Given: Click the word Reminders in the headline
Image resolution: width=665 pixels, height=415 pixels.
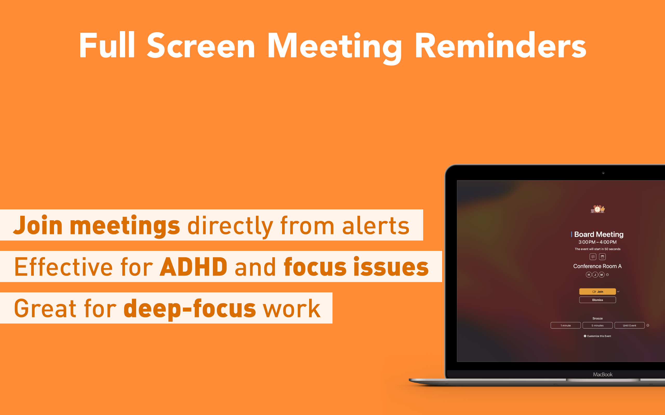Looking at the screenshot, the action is tap(500, 45).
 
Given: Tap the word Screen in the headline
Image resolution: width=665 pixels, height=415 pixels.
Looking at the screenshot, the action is tap(201, 45).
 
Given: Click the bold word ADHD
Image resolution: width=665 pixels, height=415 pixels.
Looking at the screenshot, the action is tap(194, 267).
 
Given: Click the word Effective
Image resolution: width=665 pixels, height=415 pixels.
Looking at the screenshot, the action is tap(63, 267).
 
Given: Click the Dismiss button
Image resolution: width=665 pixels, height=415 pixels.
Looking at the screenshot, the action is tap(597, 300).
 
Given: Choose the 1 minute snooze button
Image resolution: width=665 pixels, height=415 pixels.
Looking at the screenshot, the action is tap(566, 325).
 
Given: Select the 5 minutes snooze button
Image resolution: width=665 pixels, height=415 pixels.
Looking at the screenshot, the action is tap(597, 325).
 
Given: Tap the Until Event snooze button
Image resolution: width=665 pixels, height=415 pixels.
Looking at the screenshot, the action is tap(629, 325).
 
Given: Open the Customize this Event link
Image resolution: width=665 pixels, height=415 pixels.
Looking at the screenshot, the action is tap(597, 336).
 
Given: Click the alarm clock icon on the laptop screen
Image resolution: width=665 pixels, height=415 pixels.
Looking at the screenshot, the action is tap(598, 209).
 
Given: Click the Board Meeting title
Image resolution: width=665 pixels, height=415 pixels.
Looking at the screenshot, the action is tap(599, 234).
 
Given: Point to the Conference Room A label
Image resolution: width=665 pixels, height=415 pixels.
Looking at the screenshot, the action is tap(597, 266).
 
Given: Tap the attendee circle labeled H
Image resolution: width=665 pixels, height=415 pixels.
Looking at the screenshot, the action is tap(589, 274).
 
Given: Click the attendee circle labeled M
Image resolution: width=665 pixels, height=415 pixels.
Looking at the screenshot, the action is tap(602, 274).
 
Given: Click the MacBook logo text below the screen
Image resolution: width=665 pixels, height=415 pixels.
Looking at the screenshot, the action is tap(603, 374).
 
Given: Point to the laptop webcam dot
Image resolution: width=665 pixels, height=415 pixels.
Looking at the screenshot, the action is tap(603, 173).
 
